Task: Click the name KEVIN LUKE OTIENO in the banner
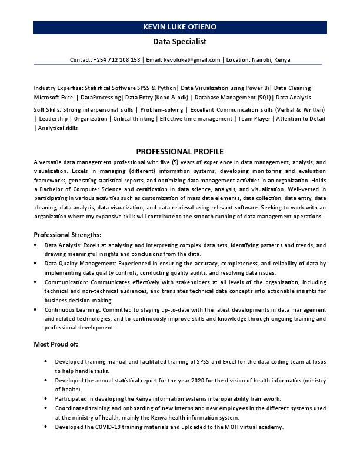pos(179,27)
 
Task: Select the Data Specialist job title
pos(179,42)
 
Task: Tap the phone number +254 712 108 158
pos(117,59)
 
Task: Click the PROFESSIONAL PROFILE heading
pos(179,151)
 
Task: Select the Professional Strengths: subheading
pos(68,234)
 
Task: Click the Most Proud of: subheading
pos(56,344)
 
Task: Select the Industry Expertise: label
pos(59,88)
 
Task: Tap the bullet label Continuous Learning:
pos(73,309)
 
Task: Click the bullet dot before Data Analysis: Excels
pos(36,244)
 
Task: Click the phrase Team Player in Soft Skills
pos(253,119)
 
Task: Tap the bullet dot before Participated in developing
pos(47,398)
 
